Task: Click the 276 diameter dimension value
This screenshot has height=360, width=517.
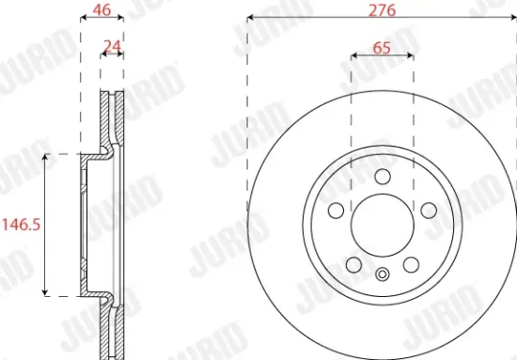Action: [x=381, y=9]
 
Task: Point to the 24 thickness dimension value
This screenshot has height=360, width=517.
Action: [x=112, y=44]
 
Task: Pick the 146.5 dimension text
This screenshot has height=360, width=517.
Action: [x=23, y=225]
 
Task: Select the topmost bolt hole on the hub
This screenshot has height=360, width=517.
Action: [x=381, y=176]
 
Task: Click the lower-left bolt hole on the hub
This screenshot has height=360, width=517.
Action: [x=352, y=264]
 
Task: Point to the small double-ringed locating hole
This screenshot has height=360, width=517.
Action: [x=381, y=275]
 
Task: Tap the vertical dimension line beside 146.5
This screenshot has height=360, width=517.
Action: [x=44, y=225]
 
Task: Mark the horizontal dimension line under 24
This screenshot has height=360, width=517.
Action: [x=112, y=55]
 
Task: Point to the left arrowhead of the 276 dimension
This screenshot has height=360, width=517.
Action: [x=250, y=19]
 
